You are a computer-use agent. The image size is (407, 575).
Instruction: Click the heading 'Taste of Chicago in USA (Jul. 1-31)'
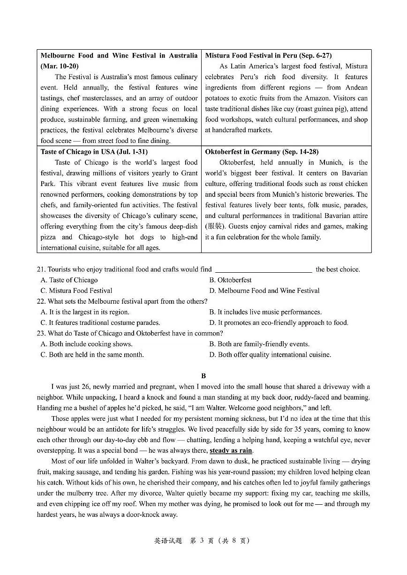pyautogui.click(x=94, y=152)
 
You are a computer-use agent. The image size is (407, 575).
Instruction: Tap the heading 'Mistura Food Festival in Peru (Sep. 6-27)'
pyautogui.click(x=268, y=55)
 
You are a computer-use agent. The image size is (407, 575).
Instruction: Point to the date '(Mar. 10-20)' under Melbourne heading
pyautogui.click(x=60, y=66)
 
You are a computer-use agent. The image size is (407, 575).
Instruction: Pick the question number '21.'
pyautogui.click(x=41, y=269)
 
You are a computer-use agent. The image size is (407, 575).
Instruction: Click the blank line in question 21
pyautogui.click(x=264, y=270)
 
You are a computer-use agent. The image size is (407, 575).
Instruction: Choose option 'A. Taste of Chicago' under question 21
pyautogui.click(x=69, y=280)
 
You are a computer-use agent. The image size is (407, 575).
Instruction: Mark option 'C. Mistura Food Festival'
pyautogui.click(x=76, y=291)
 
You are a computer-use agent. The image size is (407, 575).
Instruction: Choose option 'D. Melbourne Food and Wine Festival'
pyautogui.click(x=264, y=291)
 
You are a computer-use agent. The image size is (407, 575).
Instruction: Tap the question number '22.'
pyautogui.click(x=41, y=301)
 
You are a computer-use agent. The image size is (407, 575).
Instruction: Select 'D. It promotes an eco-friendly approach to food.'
pyautogui.click(x=279, y=322)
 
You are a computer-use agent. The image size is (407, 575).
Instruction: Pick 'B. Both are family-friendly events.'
pyautogui.click(x=259, y=344)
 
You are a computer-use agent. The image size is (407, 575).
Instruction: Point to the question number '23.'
pyautogui.click(x=41, y=333)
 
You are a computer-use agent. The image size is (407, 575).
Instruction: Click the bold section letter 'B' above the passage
pyautogui.click(x=203, y=376)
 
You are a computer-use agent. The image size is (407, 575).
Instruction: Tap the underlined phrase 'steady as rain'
pyautogui.click(x=231, y=451)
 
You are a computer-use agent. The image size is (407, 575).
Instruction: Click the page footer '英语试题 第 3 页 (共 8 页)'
pyautogui.click(x=202, y=540)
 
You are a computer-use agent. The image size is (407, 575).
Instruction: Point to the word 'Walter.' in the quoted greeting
pyautogui.click(x=218, y=408)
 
